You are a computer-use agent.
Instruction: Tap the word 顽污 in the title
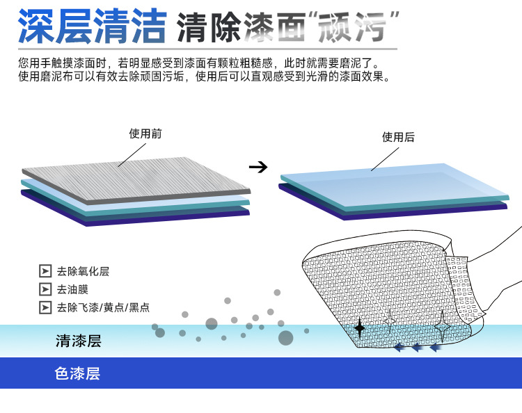(356, 28)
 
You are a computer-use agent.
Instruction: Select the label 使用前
(145, 133)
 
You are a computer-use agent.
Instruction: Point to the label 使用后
(398, 138)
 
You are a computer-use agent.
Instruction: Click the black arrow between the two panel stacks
(258, 167)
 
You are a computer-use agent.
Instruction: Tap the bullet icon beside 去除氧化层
(45, 271)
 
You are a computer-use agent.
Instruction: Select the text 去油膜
(72, 289)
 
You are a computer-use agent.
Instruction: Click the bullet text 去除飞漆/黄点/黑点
(103, 307)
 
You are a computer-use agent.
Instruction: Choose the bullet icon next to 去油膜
(45, 289)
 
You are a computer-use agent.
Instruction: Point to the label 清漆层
(78, 341)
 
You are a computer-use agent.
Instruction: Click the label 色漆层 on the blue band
(77, 373)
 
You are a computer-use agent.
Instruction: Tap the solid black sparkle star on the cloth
(359, 327)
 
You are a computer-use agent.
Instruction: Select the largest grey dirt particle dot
(285, 338)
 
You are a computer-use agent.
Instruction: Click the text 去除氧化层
(83, 271)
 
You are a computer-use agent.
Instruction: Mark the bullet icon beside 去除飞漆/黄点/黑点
(45, 307)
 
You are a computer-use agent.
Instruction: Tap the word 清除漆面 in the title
(242, 28)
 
